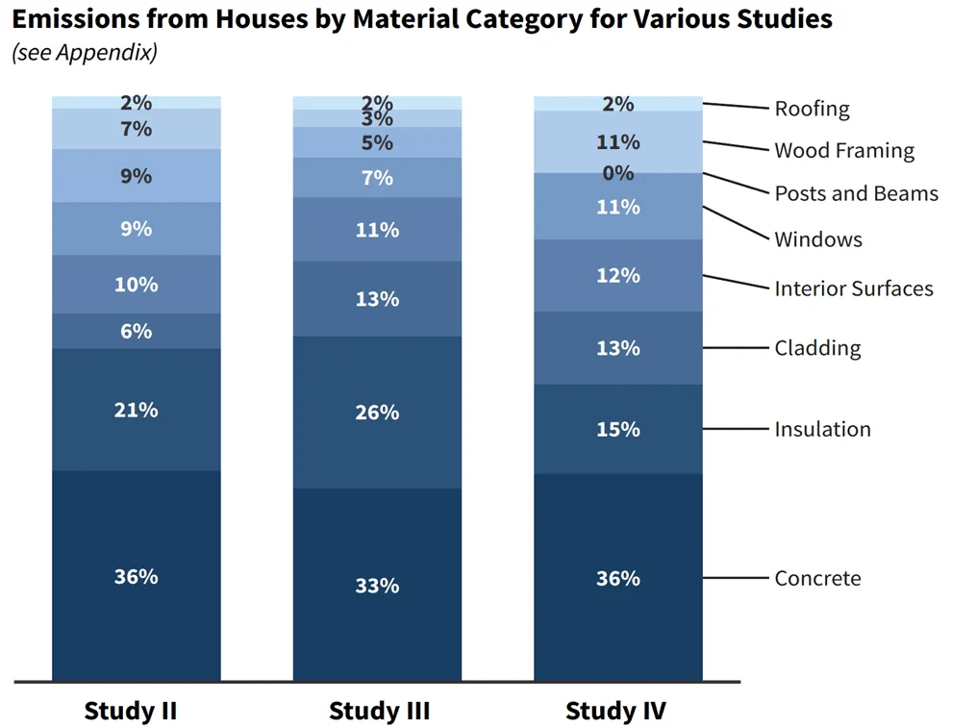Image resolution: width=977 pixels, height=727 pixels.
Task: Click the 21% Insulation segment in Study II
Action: (x=136, y=410)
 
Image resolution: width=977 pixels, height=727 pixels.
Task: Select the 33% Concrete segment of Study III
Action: (x=377, y=585)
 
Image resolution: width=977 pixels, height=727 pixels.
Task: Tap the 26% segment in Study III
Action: (x=377, y=413)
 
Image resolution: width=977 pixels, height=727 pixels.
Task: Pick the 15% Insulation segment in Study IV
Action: (x=617, y=429)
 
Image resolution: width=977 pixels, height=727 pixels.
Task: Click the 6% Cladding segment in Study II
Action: (x=136, y=331)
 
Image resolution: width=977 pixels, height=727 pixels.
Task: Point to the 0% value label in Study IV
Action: (x=617, y=173)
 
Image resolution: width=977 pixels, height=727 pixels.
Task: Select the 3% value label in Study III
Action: (x=377, y=119)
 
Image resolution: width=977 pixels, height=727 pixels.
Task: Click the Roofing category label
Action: (x=812, y=108)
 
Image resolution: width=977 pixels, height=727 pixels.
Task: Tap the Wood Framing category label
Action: (x=844, y=150)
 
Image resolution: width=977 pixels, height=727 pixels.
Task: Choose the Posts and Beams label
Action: (x=856, y=193)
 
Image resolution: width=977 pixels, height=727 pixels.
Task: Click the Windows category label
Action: (x=818, y=239)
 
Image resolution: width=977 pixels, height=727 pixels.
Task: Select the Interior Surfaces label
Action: (x=854, y=288)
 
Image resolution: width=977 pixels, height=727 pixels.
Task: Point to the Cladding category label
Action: (x=817, y=347)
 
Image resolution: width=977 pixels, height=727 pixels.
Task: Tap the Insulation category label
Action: (x=822, y=429)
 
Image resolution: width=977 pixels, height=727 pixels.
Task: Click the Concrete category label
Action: (x=817, y=578)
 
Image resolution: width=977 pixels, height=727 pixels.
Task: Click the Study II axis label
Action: (x=131, y=711)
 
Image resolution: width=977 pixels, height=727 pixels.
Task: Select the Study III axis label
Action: (x=378, y=711)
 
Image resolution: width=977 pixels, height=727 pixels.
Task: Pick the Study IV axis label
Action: (x=615, y=711)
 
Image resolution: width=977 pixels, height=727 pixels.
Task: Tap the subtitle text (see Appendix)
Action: (x=84, y=52)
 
